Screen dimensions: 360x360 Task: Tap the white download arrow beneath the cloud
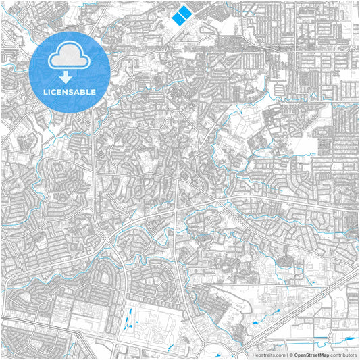[70, 77]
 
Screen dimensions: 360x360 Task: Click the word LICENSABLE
[70, 91]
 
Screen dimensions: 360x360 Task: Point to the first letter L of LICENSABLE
[45, 91]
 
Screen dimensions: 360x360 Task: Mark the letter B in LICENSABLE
[83, 91]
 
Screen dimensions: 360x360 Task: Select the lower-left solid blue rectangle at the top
[178, 20]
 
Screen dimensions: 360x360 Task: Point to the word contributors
[344, 354]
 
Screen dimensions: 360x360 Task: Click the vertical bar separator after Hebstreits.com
[286, 354]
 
